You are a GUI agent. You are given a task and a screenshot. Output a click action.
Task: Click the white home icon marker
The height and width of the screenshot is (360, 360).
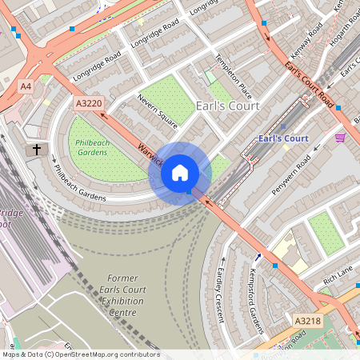(x=180, y=172)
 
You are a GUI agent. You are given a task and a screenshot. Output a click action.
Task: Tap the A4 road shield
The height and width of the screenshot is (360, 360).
(x=26, y=86)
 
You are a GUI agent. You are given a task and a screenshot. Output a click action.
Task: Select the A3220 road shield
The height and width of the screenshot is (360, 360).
(x=88, y=103)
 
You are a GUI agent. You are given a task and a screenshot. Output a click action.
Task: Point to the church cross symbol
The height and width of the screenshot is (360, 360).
(x=35, y=150)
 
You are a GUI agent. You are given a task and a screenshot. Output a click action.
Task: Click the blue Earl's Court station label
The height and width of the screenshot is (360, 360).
(x=283, y=138)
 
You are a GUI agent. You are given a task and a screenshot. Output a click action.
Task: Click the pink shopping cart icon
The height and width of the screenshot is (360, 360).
(x=341, y=138)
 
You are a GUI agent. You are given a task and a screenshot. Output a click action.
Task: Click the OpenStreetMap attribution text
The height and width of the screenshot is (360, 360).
(x=80, y=354)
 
